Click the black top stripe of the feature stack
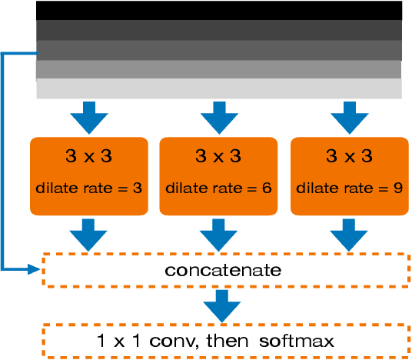pyautogui.click(x=218, y=10)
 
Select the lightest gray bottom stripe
pyautogui.click(x=218, y=88)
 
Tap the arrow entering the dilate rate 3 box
pyautogui.click(x=87, y=118)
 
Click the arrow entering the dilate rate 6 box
pyautogui.click(x=218, y=118)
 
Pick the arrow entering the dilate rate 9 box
pyautogui.click(x=348, y=118)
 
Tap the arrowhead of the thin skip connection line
pyautogui.click(x=34, y=269)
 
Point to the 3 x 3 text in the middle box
pyautogui.click(x=218, y=157)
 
